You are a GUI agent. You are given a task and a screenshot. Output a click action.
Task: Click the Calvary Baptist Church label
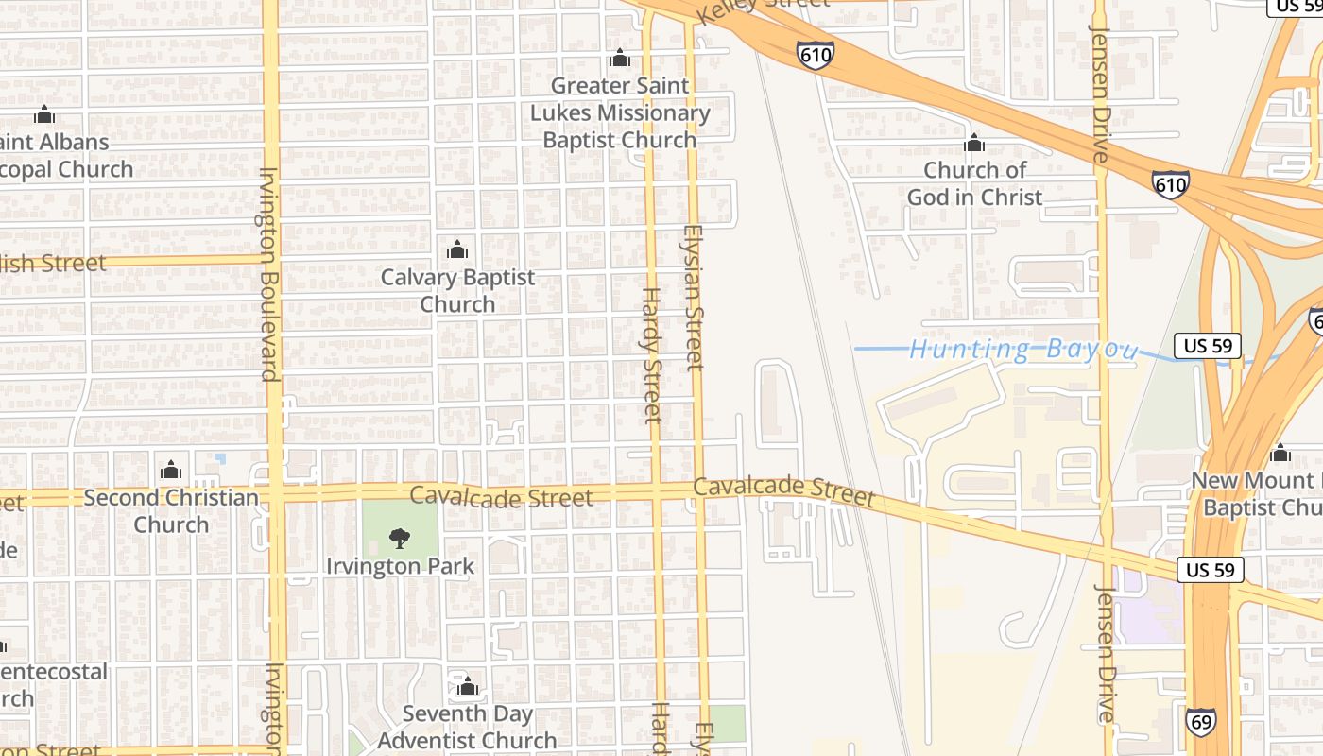click(457, 291)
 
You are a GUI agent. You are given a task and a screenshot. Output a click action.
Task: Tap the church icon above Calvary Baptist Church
click(457, 250)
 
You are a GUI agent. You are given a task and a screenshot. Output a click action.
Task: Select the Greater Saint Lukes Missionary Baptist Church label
click(619, 112)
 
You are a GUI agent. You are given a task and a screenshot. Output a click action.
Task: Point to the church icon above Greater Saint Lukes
click(620, 59)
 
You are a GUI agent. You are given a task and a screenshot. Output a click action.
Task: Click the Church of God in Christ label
click(974, 183)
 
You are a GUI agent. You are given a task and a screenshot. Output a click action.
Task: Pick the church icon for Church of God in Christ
click(974, 144)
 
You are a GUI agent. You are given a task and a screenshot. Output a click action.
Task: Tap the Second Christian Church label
click(171, 510)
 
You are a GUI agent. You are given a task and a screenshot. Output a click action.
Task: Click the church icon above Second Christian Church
click(171, 470)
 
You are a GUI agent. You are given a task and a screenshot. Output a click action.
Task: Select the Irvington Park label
click(400, 566)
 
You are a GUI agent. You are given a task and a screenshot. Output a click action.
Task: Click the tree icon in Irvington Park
click(400, 539)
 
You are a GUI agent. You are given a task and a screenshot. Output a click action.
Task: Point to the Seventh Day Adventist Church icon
click(466, 686)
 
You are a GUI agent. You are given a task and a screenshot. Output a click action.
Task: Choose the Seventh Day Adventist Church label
click(467, 727)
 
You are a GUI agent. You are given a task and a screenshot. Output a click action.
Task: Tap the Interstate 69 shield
click(1200, 722)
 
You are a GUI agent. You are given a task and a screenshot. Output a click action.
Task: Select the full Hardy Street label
click(651, 354)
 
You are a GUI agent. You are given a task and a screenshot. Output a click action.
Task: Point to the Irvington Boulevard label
click(269, 274)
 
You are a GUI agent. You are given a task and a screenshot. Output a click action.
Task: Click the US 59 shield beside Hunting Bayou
click(1208, 345)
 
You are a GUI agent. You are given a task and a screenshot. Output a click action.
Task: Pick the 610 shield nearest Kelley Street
click(815, 55)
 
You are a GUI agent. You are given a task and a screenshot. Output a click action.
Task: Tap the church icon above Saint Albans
click(43, 114)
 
